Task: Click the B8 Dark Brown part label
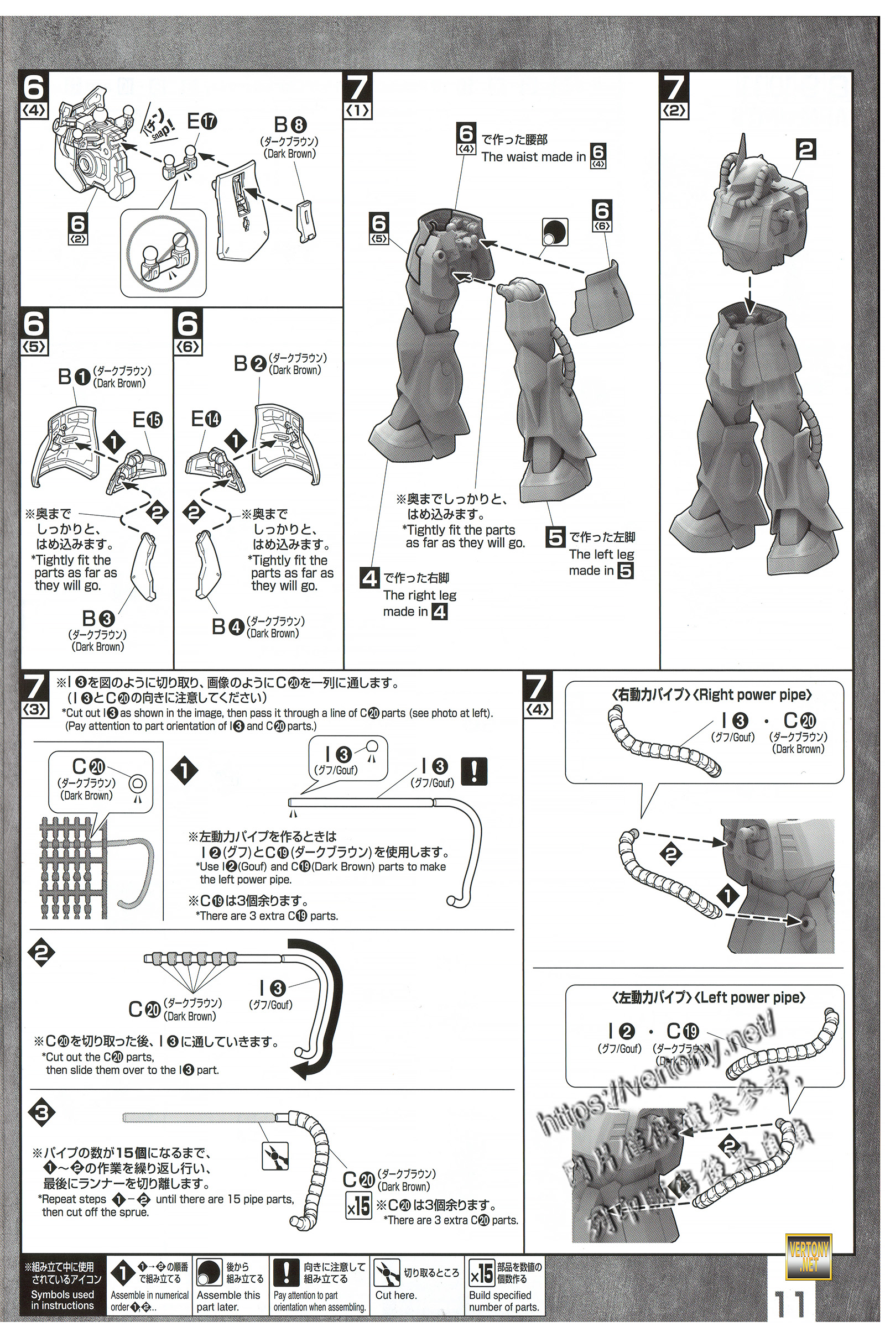(x=288, y=126)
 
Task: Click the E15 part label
(x=147, y=420)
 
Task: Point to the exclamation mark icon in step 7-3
(x=473, y=771)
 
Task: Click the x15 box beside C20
(x=358, y=1206)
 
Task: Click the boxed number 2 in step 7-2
(x=807, y=149)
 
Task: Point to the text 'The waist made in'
(x=533, y=157)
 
